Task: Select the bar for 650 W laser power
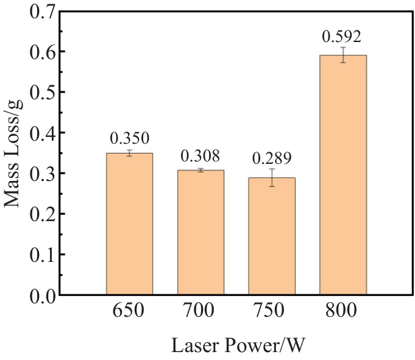pos(129,224)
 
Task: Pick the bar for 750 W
pos(272,236)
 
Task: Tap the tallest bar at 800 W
pos(343,175)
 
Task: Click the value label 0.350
pos(129,138)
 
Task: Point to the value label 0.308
pos(200,156)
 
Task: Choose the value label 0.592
pos(342,36)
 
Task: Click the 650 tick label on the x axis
pos(129,311)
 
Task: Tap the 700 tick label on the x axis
pos(200,311)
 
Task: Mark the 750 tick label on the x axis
pos(272,311)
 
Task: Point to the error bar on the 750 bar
pos(272,177)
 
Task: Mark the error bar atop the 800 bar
pos(343,55)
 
